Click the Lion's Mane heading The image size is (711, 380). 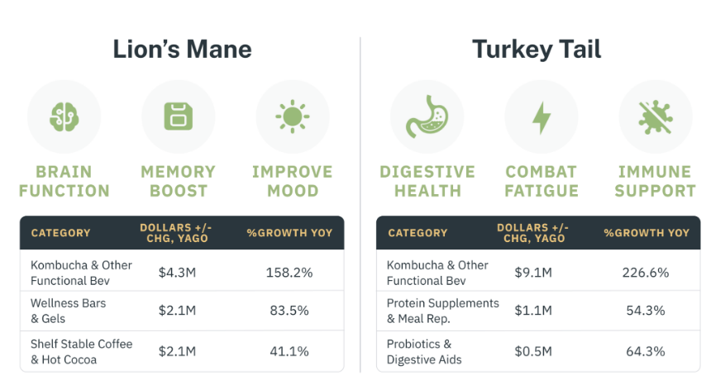182,50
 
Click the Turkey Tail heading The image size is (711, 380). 537,50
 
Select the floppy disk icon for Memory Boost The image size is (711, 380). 178,116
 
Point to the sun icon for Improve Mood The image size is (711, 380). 292,116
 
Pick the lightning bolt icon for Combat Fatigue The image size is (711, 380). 541,116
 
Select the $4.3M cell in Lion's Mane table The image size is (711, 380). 177,272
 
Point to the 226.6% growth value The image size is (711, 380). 646,272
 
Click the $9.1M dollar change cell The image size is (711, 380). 533,272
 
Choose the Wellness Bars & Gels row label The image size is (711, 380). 69,311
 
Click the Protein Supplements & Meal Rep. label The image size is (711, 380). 443,311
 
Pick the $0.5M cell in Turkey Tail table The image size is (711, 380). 533,351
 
